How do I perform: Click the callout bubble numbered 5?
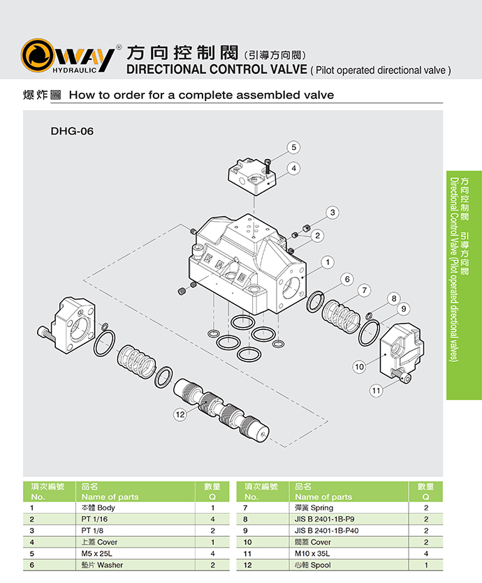294,146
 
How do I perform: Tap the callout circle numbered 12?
181,414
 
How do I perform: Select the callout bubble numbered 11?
377,391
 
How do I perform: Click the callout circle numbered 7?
364,289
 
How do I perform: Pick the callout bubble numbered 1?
326,262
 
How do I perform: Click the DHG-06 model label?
72,130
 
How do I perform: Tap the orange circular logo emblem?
39,56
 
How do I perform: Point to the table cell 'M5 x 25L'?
98,553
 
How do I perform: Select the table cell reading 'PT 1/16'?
94,520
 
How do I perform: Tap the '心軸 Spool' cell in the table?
313,564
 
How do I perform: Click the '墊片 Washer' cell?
98,564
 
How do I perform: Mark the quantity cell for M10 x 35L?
425,553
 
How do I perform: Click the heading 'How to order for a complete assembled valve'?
201,95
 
